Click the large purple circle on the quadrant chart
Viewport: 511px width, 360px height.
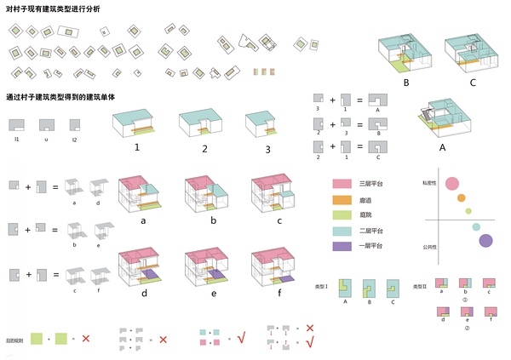[x=485, y=241]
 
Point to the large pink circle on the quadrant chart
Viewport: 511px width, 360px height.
[x=453, y=183]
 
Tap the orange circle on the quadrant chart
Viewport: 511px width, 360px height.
[x=462, y=198]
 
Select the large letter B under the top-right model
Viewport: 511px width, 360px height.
[x=406, y=83]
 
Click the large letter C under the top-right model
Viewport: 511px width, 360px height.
[x=472, y=83]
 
